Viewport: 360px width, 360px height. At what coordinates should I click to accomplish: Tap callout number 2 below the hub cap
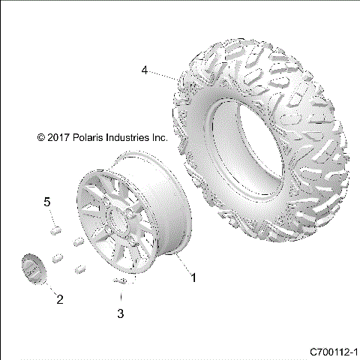[x=60, y=300]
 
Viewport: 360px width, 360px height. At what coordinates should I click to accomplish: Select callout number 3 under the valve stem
[x=120, y=313]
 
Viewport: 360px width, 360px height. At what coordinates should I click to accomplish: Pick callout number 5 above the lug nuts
[x=46, y=202]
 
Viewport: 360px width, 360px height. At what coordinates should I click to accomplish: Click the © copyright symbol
[x=41, y=138]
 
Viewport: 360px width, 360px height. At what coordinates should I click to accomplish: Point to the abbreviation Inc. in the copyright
[x=159, y=138]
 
